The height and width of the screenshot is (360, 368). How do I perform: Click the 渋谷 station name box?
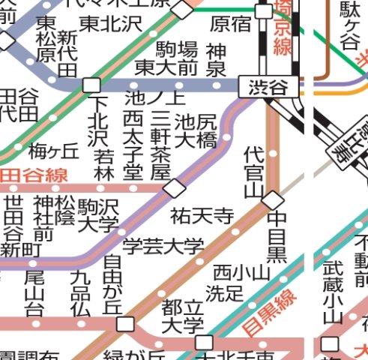(268, 87)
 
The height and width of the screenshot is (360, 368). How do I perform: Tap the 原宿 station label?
(230, 24)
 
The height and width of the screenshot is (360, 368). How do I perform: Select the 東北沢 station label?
(110, 23)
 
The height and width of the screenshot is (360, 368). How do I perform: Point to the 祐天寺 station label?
(202, 217)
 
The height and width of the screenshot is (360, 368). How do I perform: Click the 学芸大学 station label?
(163, 245)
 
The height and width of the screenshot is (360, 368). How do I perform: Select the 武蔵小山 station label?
(332, 292)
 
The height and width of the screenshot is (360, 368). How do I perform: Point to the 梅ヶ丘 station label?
(53, 151)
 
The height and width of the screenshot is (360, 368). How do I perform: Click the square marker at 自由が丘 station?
(126, 324)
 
